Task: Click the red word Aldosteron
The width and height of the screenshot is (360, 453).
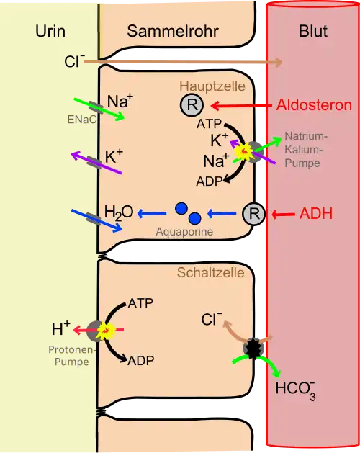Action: pos(314,104)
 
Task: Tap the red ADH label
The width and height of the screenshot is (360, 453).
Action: pos(316,214)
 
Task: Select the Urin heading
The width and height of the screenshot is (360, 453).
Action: pos(50,31)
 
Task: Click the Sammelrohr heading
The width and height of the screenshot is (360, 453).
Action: pos(173,31)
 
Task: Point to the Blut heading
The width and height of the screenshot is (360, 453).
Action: pos(313,31)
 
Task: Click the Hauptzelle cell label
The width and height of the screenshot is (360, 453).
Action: pos(212,86)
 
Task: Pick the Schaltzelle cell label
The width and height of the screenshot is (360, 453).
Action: pos(211,272)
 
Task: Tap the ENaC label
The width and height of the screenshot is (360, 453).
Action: pos(82,120)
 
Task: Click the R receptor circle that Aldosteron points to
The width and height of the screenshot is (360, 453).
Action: pos(192,105)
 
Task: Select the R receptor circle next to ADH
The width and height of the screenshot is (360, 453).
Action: pos(253,214)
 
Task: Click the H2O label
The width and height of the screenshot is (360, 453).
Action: pos(119,212)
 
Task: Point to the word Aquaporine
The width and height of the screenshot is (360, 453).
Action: pos(184,231)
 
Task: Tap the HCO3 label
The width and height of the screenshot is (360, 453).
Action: pos(296,390)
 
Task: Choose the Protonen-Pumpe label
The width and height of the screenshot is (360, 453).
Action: pos(72,356)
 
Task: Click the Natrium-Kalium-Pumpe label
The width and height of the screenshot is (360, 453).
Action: pos(306,149)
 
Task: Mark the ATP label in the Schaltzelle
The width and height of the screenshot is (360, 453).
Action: pos(140,303)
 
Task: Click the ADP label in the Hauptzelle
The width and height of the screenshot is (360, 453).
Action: pos(210,181)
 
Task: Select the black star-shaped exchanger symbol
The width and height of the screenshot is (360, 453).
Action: pos(253,349)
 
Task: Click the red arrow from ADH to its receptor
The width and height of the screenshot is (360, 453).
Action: pos(283,215)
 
